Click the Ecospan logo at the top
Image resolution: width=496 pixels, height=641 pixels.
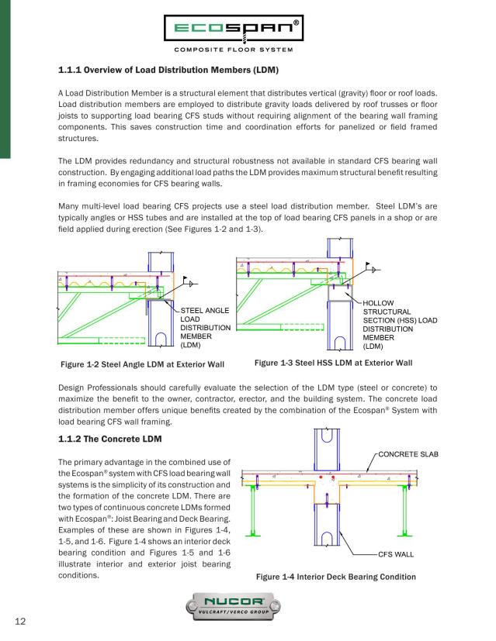click(248, 32)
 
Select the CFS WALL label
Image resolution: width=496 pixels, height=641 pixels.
click(398, 555)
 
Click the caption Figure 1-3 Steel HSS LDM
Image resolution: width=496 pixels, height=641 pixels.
click(333, 362)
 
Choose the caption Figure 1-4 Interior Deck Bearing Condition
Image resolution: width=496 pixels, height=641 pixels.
click(335, 577)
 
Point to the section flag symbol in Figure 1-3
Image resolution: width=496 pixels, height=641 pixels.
click(373, 269)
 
